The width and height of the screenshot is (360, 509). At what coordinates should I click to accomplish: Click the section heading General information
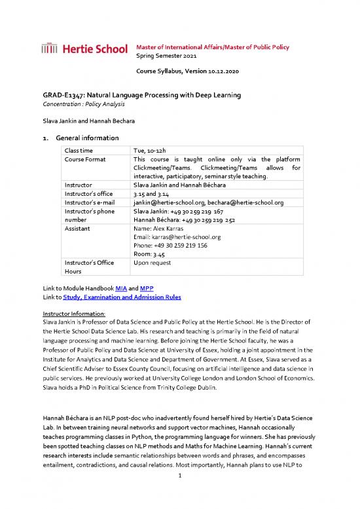[x=88, y=138]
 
